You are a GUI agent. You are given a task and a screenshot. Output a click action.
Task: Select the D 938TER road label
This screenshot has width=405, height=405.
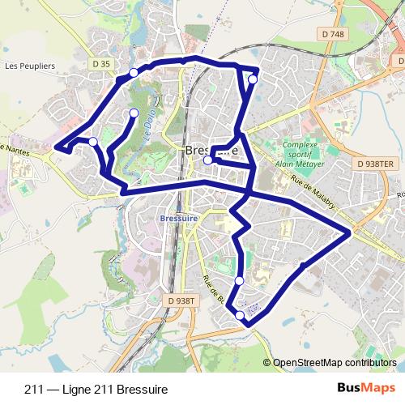tap(375, 164)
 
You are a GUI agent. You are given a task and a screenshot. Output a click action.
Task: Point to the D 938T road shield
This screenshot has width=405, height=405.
tap(182, 301)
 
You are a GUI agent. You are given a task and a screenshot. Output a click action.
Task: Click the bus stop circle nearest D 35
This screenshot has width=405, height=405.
tap(134, 74)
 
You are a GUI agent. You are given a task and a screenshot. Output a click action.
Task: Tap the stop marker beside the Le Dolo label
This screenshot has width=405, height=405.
tap(134, 113)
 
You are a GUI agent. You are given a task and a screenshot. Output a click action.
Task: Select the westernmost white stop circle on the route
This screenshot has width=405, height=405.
tap(93, 142)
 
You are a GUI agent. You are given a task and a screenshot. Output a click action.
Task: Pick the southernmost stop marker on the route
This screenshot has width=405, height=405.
tap(240, 315)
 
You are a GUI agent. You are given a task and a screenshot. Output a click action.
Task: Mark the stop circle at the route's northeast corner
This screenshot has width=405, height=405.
tap(253, 79)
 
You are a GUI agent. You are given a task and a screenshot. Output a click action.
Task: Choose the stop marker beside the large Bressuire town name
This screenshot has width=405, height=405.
tap(208, 160)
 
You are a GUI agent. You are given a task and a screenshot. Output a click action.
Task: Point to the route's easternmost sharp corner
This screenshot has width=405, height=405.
tap(350, 233)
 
